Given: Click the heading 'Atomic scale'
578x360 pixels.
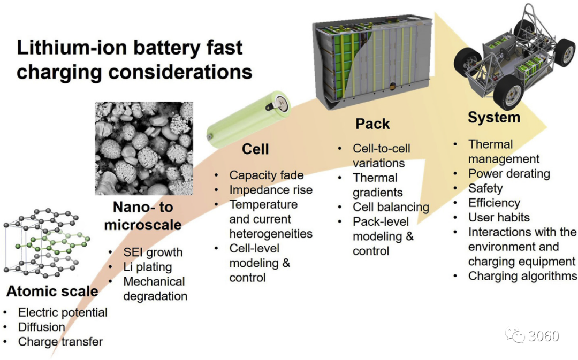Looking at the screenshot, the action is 52,291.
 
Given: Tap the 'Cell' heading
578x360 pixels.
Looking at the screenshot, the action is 255,149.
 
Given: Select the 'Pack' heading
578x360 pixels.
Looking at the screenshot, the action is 372,124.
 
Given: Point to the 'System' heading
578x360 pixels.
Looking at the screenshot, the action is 494,118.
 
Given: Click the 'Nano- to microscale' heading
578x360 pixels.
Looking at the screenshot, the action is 143,216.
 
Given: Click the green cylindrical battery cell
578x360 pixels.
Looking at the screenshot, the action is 248,119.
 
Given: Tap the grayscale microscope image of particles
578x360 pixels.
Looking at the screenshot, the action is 144,149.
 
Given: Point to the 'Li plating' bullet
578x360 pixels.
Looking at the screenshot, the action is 148,267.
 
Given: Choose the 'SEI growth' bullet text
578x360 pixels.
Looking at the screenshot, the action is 153,252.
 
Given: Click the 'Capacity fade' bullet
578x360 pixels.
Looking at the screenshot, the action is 267,175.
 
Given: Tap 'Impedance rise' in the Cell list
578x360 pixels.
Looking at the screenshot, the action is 271,190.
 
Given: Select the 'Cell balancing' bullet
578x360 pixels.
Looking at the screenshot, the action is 391,207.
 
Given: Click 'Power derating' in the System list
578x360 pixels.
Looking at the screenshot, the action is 509,173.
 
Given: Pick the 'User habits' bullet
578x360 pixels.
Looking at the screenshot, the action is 499,217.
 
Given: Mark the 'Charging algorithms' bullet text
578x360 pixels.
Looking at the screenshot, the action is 522,276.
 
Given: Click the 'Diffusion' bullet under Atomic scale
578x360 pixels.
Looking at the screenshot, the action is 42,327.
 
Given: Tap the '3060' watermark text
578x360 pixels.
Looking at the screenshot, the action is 544,336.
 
